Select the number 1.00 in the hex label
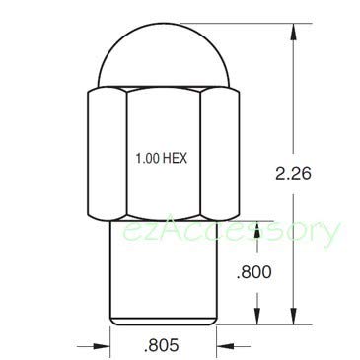pos(147,157)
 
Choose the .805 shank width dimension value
pos(160,346)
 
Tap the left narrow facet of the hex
pos(107,156)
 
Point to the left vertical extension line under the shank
pos(108,337)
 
